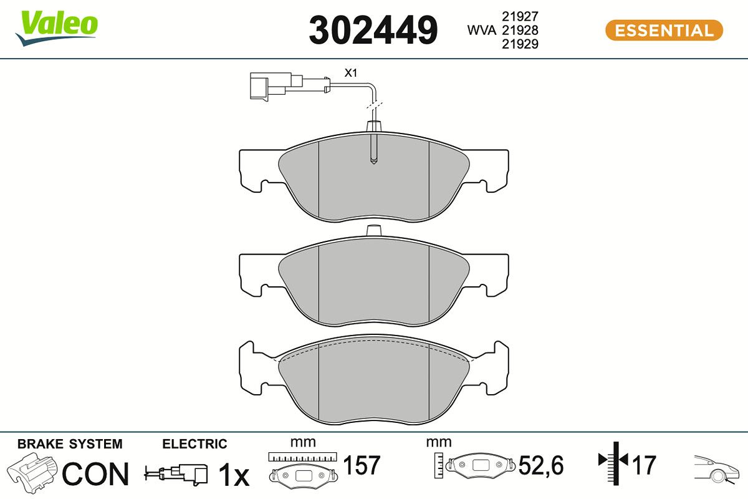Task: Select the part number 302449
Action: (373, 30)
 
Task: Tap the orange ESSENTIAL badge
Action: (664, 31)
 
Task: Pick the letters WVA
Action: (482, 30)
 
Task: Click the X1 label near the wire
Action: (352, 73)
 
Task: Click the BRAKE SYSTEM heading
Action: (70, 444)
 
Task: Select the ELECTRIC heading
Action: (194, 444)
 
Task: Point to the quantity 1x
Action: (233, 475)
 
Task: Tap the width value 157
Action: (362, 465)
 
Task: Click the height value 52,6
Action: (541, 465)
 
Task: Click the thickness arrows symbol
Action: (613, 461)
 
